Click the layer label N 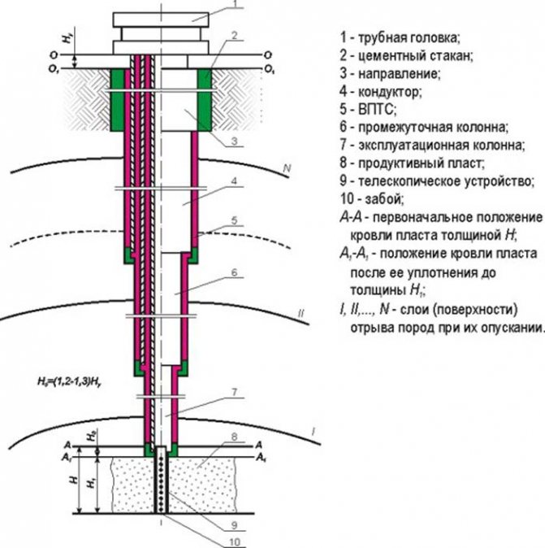(286, 168)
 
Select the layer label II (301, 312)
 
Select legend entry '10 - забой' (374, 198)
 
